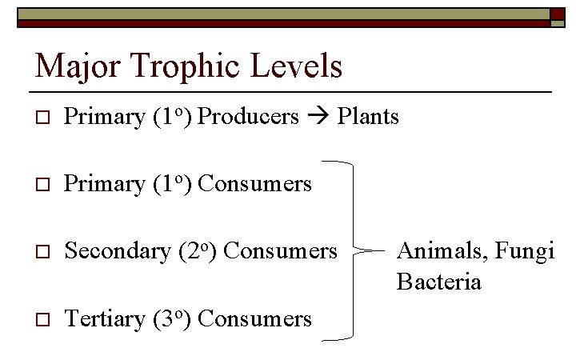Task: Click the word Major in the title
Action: tap(70, 66)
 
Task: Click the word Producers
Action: tap(248, 117)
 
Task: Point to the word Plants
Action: tap(368, 117)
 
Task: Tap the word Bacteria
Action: tap(438, 282)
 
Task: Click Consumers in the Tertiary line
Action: tap(254, 319)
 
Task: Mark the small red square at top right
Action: tap(557, 14)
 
